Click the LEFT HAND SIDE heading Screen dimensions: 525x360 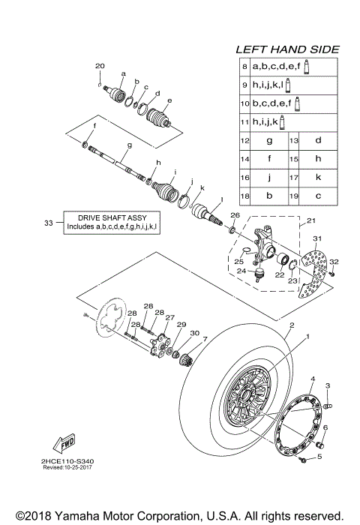[287, 49]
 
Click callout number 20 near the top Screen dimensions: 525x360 [100, 66]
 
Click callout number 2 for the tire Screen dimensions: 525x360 [290, 326]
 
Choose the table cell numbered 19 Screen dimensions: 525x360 [294, 196]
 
